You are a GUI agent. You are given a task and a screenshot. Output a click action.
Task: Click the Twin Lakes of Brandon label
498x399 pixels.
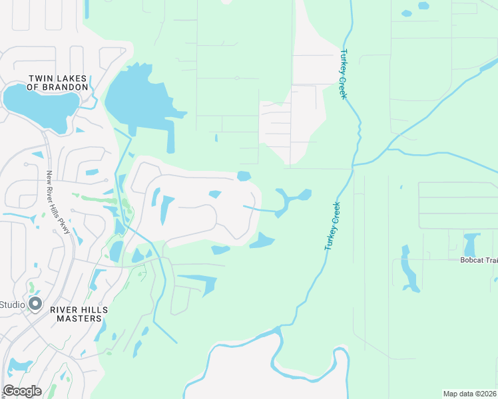58,82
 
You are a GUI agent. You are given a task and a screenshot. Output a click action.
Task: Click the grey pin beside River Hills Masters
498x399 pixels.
36,305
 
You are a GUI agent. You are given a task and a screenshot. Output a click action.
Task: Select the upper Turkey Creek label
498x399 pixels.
344,74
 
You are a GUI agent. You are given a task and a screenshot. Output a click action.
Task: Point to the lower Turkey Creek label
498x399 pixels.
332,226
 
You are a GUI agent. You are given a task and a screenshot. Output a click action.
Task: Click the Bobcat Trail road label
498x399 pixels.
479,260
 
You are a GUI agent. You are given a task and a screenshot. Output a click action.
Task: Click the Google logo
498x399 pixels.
22,391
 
